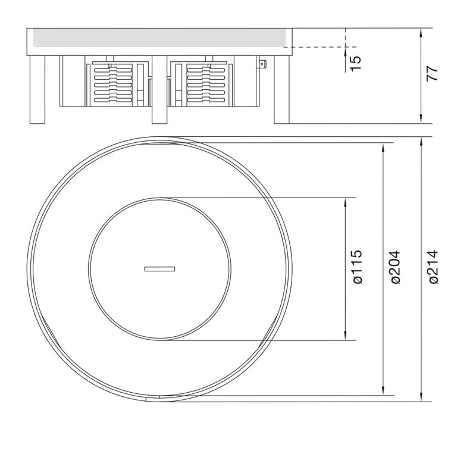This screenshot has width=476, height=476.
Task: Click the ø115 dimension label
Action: coord(358,267)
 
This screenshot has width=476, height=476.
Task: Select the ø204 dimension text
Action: coord(396,267)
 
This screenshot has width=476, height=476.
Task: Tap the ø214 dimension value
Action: coord(434,267)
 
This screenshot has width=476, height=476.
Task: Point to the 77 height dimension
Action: coord(433,73)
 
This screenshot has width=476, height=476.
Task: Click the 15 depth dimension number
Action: coord(356,64)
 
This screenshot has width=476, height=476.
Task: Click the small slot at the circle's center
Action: coord(159,269)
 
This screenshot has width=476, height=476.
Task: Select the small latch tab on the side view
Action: coord(262,64)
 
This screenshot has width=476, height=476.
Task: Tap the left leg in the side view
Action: coord(37,90)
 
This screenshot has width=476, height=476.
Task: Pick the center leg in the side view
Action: coord(159,90)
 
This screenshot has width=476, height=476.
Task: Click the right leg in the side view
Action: coord(281,90)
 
